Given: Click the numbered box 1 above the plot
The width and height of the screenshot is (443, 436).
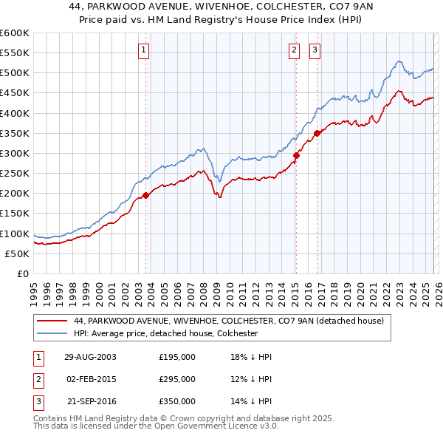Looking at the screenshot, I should point(142,50).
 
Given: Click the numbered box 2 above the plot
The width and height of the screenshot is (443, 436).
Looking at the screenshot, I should point(294,50).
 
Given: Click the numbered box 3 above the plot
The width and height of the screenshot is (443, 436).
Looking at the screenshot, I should point(315,50).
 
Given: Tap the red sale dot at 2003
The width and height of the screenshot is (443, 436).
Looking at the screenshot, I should point(146,195).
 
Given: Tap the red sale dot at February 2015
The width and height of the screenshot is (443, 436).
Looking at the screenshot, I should point(295,155).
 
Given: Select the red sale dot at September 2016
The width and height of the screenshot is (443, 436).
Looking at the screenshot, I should point(317,133).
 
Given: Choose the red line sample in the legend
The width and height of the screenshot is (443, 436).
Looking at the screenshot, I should point(52,321).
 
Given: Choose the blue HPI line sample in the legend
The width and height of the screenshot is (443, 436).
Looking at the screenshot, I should point(52,333).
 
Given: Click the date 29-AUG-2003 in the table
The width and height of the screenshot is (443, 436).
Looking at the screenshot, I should point(91,357).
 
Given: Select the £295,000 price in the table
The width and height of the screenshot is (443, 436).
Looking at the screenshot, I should point(177,379).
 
